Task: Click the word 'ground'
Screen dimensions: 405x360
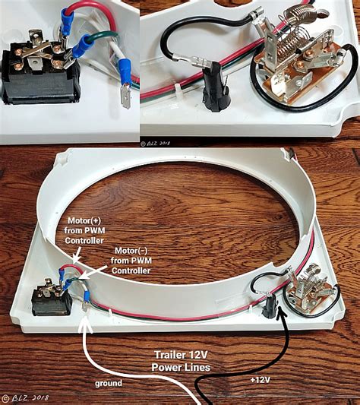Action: (108, 384)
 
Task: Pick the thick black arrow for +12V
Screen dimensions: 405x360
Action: (262, 334)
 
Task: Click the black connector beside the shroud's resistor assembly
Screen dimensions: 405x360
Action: (270, 308)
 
